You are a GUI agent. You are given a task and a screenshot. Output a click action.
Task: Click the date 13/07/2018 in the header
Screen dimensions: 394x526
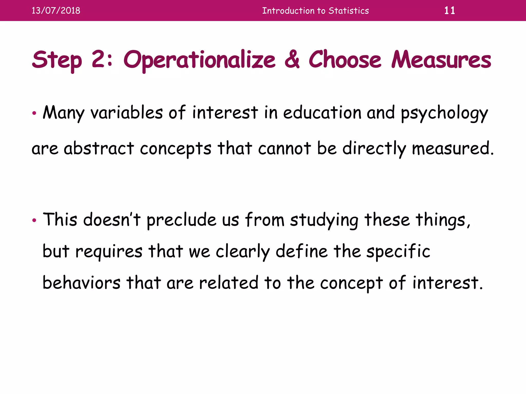(x=56, y=11)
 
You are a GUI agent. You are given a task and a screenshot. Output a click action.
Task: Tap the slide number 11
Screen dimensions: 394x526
(x=449, y=11)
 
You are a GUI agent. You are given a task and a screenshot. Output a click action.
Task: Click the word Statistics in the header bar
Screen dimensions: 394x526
(x=349, y=11)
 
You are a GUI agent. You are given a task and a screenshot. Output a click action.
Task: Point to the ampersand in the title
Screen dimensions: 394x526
(x=292, y=60)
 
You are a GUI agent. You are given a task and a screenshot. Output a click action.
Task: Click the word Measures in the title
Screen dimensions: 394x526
(x=441, y=60)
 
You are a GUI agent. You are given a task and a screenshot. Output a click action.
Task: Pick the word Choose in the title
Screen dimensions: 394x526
(x=345, y=60)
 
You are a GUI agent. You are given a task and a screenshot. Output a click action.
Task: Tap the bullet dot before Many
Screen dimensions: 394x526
(x=34, y=113)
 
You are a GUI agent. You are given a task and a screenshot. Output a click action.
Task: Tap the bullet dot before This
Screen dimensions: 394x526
(x=34, y=220)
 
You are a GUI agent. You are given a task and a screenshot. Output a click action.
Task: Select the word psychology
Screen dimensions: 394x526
(x=444, y=113)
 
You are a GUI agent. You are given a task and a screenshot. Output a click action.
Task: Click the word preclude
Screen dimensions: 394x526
(x=182, y=220)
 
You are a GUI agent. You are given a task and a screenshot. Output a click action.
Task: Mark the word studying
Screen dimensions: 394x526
(x=324, y=220)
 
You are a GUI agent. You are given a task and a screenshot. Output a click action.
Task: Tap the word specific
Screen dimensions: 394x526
(x=398, y=251)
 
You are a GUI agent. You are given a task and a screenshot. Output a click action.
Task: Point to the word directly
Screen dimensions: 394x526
(x=374, y=149)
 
